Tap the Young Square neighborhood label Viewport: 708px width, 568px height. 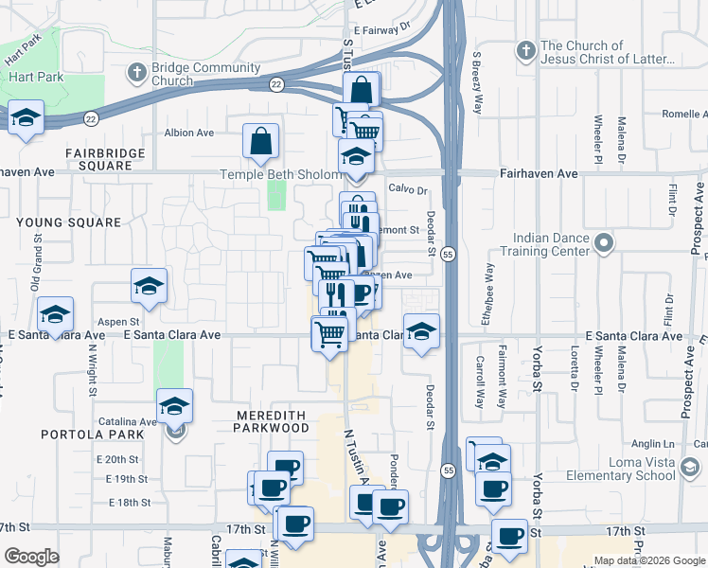click(68, 222)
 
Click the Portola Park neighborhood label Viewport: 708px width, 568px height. click(92, 435)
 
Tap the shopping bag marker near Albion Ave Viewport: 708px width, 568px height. click(260, 141)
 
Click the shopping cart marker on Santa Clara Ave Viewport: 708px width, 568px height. click(328, 333)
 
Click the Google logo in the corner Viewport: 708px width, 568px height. click(31, 557)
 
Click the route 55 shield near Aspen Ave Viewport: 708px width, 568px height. click(449, 255)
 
